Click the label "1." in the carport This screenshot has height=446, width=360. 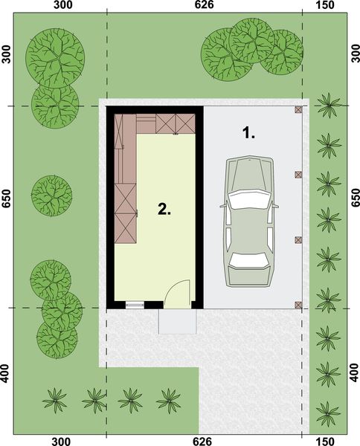coord(248,134)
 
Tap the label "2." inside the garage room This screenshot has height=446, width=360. coord(164,209)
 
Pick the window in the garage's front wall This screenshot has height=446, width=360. coord(135,304)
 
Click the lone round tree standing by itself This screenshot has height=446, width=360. coord(51,196)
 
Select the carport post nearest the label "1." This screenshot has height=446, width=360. coord(298,110)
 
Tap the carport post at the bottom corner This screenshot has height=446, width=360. coord(298,304)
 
